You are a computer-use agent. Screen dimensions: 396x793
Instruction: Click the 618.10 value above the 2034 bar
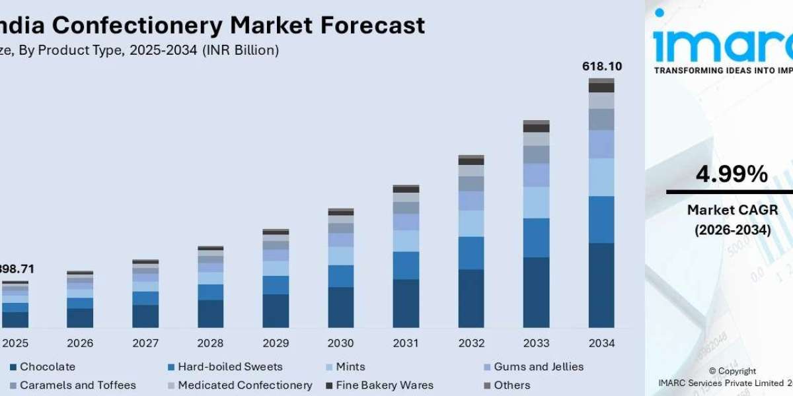point(601,67)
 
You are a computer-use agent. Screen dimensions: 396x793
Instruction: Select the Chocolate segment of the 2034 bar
point(601,285)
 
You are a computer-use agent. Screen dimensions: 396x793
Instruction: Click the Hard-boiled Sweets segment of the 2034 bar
point(601,219)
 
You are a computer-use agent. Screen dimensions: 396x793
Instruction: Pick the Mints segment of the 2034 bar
point(601,177)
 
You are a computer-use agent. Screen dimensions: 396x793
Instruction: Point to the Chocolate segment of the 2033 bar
point(536,292)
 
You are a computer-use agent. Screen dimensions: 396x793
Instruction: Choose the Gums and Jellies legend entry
point(539,367)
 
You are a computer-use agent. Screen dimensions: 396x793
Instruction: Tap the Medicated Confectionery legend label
point(245,385)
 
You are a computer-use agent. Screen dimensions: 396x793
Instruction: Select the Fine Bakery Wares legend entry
point(384,385)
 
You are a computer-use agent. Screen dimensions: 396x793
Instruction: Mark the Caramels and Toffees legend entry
point(77,385)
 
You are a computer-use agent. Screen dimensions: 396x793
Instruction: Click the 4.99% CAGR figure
point(732,175)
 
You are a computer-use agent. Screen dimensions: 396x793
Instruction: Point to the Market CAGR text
point(732,210)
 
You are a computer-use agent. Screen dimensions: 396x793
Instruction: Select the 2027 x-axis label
point(145,344)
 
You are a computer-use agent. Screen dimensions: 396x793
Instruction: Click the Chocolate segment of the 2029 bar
point(276,311)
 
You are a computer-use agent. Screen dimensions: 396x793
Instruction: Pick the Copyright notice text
point(732,372)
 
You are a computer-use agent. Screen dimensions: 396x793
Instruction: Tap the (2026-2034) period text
point(732,230)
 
